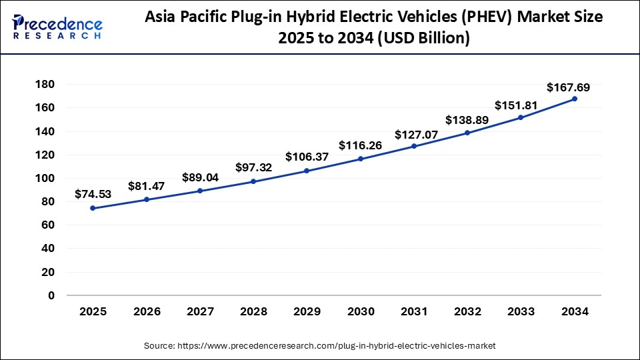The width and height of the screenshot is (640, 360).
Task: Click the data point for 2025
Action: [93, 208]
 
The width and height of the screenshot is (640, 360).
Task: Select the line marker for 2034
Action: [575, 99]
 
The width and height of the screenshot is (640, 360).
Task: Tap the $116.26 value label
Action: [360, 145]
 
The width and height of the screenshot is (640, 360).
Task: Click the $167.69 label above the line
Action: [568, 87]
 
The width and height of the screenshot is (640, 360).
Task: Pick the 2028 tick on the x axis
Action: [253, 311]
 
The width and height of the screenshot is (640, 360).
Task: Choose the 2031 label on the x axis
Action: [414, 311]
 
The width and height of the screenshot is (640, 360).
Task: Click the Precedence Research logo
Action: [57, 27]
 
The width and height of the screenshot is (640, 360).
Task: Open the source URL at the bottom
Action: [319, 345]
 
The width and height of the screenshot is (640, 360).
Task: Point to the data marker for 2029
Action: [307, 171]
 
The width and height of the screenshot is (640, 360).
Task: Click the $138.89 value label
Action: [467, 121]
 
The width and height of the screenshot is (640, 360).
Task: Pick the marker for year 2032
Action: [467, 133]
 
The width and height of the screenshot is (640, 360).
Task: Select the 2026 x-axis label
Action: [146, 311]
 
